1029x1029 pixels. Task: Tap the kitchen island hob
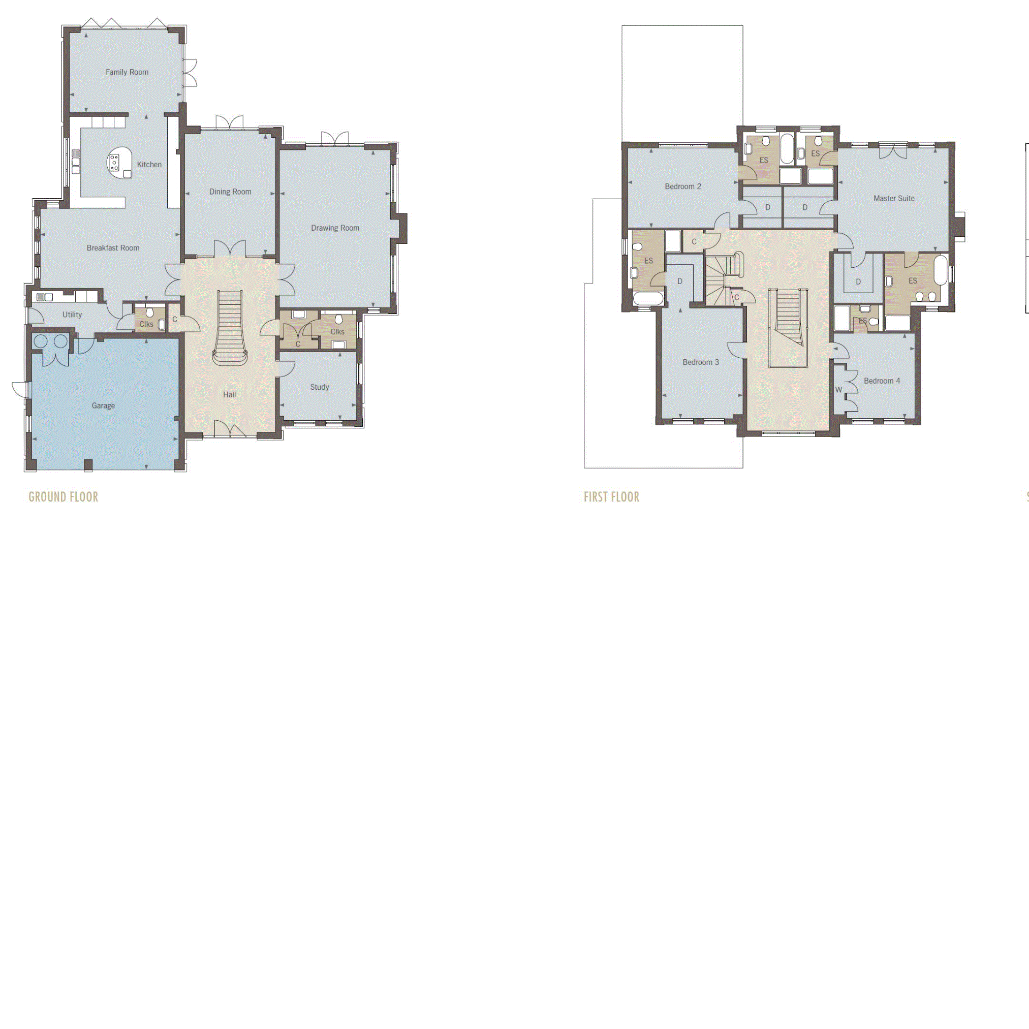click(114, 162)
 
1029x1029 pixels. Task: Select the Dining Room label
click(230, 192)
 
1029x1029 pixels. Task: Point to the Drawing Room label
click(335, 228)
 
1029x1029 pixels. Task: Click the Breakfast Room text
click(113, 247)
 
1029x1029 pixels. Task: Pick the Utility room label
click(73, 315)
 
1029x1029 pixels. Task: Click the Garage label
click(103, 406)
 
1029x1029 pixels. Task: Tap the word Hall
click(230, 395)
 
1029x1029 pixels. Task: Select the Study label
click(320, 387)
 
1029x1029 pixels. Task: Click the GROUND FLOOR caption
click(64, 497)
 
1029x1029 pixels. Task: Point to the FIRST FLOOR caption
click(611, 497)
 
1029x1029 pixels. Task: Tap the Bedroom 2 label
click(683, 186)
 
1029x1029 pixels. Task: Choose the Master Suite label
click(894, 199)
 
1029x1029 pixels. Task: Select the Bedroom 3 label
click(700, 362)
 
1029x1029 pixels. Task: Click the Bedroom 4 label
click(882, 381)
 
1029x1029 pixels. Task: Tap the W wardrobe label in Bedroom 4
click(839, 390)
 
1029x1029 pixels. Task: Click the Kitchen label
click(149, 165)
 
